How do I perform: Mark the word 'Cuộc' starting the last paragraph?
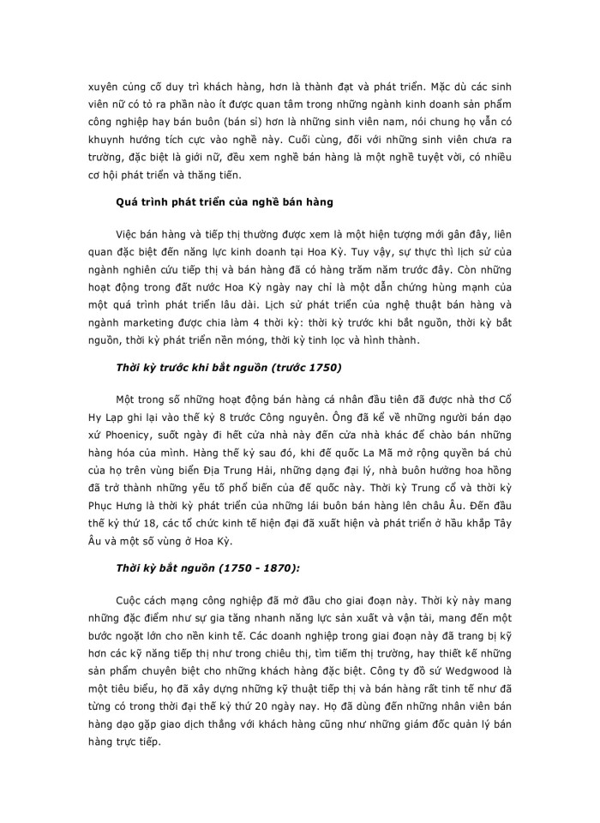click(130, 606)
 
